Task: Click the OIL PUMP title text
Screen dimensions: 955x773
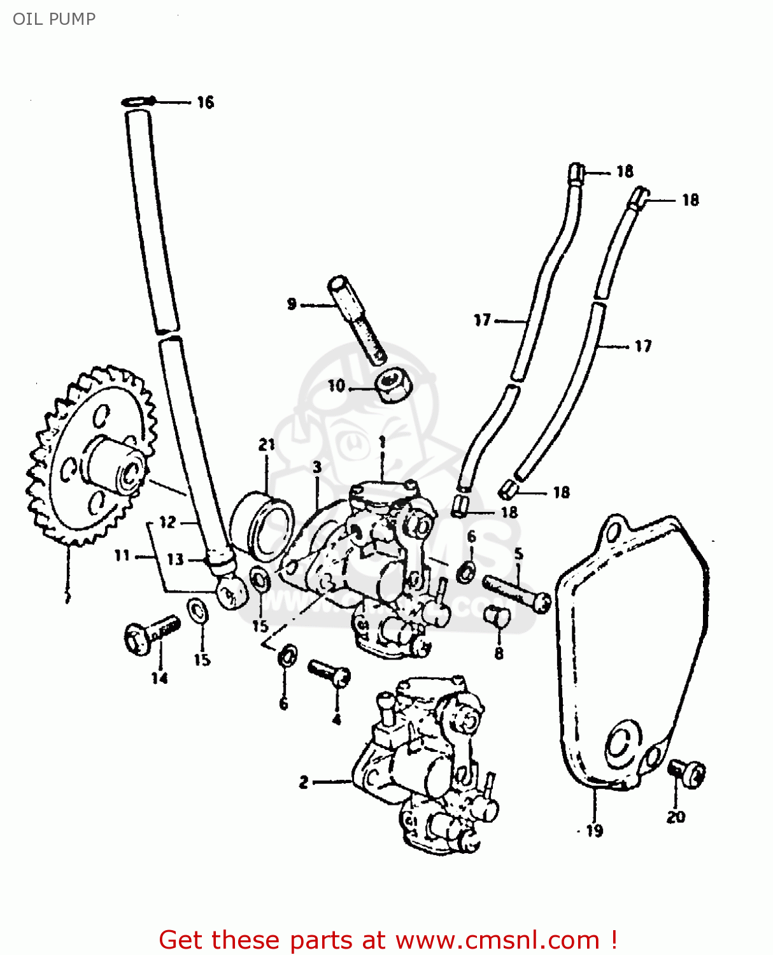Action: click(54, 19)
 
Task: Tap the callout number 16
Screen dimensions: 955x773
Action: click(205, 103)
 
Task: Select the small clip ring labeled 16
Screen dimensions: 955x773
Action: click(138, 101)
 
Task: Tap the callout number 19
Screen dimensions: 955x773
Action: click(594, 830)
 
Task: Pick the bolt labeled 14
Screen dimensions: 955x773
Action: click(150, 634)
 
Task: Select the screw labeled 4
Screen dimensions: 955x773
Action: click(329, 672)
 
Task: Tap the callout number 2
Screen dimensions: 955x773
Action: click(304, 782)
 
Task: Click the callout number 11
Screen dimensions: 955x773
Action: click(122, 556)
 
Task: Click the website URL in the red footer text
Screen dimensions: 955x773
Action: click(497, 940)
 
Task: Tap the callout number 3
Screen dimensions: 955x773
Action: click(317, 467)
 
